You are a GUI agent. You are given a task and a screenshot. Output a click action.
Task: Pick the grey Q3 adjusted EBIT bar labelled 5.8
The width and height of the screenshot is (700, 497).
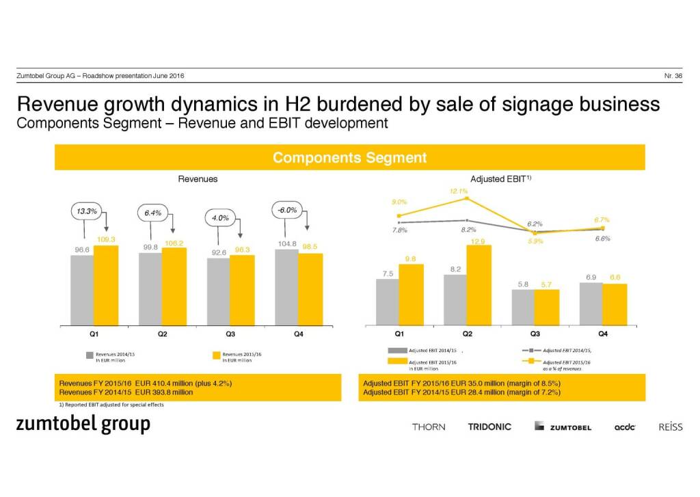click(522, 306)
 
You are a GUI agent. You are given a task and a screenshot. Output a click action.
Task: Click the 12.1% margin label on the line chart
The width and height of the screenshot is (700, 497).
click(459, 191)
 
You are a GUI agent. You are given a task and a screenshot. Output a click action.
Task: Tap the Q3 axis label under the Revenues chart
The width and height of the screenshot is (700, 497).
click(230, 334)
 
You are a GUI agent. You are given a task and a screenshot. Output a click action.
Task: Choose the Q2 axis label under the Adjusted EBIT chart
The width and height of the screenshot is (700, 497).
click(467, 334)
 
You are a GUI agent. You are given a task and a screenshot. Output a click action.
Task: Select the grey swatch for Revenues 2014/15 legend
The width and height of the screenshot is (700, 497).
click(89, 355)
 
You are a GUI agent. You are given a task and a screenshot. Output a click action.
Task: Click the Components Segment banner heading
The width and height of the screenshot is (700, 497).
click(349, 157)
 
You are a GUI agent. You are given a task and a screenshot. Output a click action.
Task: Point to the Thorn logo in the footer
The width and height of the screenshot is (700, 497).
click(429, 427)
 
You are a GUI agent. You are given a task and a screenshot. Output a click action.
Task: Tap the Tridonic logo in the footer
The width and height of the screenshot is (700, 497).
click(489, 427)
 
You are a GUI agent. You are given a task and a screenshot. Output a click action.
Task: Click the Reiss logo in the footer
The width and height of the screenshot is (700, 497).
click(670, 427)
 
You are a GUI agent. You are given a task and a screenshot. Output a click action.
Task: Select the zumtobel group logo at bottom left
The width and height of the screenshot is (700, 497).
click(83, 425)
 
